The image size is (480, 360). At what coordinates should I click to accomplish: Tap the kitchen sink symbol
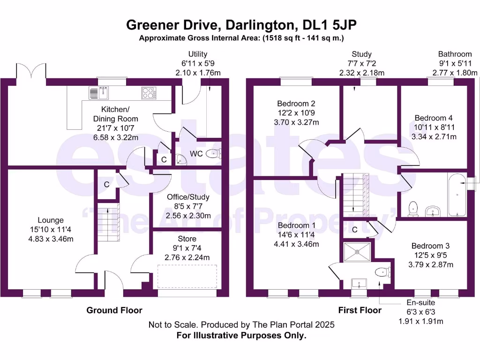[99, 93]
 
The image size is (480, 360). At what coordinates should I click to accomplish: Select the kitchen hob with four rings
[149, 93]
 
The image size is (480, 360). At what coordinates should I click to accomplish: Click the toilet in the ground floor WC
[213, 153]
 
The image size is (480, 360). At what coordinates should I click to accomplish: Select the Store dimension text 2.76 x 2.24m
[187, 257]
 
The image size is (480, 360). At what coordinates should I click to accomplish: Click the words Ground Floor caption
[114, 310]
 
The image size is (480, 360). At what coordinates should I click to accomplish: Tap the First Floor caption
[360, 310]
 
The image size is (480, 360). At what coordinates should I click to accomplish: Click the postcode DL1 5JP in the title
[328, 25]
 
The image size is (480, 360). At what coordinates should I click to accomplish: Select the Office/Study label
[188, 197]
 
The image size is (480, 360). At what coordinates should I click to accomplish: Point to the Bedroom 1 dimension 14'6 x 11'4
[296, 235]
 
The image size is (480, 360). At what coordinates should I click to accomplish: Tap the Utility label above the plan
[197, 54]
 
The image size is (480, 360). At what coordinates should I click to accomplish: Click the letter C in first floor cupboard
[355, 230]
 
